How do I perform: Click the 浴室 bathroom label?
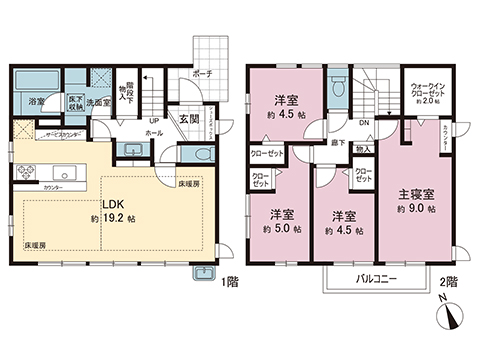tap(36, 102)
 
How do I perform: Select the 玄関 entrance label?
tap(189, 119)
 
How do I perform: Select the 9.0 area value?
tap(420, 211)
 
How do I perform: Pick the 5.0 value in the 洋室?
tap(285, 230)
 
